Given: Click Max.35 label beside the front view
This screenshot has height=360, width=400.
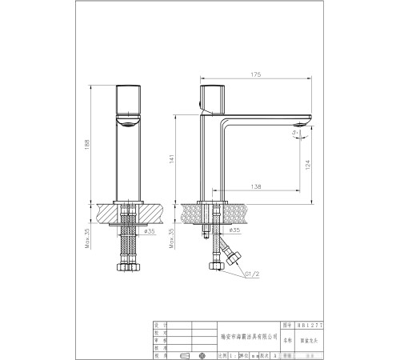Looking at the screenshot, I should click(x=87, y=239).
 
